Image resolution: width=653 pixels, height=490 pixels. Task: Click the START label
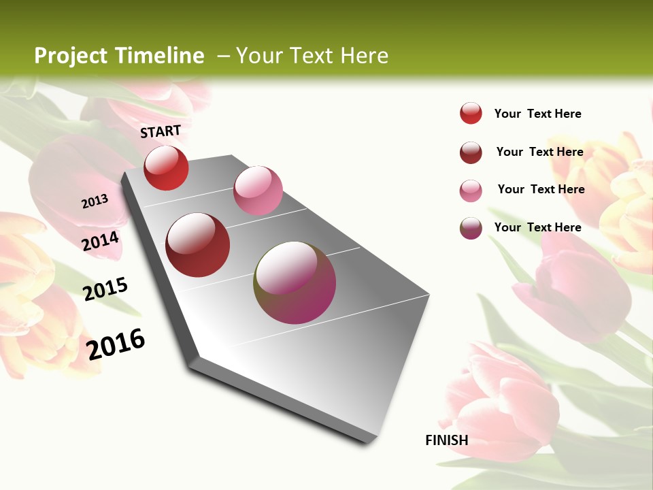pos(161,131)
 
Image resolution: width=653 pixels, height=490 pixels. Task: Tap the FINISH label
pos(446,440)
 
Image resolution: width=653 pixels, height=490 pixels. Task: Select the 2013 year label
pos(95,201)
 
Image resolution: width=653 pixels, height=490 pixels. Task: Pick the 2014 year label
pos(101,241)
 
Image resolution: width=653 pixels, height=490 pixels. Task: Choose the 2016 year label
pos(116,344)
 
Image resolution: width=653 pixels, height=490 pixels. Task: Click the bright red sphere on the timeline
pos(166,168)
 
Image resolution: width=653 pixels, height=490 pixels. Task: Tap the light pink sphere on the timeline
pos(258,191)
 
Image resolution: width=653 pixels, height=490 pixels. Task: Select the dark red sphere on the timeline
pos(198,245)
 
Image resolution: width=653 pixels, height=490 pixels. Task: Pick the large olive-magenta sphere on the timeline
pos(295,282)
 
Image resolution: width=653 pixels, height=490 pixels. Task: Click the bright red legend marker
pos(471,114)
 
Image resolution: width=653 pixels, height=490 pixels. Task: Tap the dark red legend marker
pos(471,152)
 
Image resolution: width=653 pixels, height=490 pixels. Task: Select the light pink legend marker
pos(471,191)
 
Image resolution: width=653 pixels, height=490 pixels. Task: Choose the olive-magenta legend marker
pos(471,228)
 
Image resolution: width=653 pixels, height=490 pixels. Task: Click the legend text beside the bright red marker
pos(537,114)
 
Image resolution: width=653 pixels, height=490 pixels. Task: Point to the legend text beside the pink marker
pos(541,189)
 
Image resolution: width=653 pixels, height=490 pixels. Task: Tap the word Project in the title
pos(70,56)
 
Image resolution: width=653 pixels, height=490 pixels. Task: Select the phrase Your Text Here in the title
pos(312,56)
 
